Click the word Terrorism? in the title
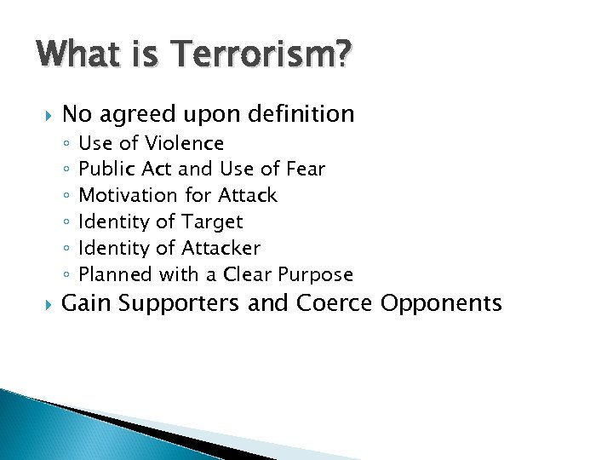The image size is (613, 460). pos(265,56)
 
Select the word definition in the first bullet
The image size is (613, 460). pos(297,113)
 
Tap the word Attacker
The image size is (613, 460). pos(222,249)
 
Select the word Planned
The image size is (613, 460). pos(112,274)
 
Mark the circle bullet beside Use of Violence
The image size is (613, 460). pos(66,144)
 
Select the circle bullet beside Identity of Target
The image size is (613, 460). pos(66,223)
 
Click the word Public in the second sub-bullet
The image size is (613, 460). pos(103,170)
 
